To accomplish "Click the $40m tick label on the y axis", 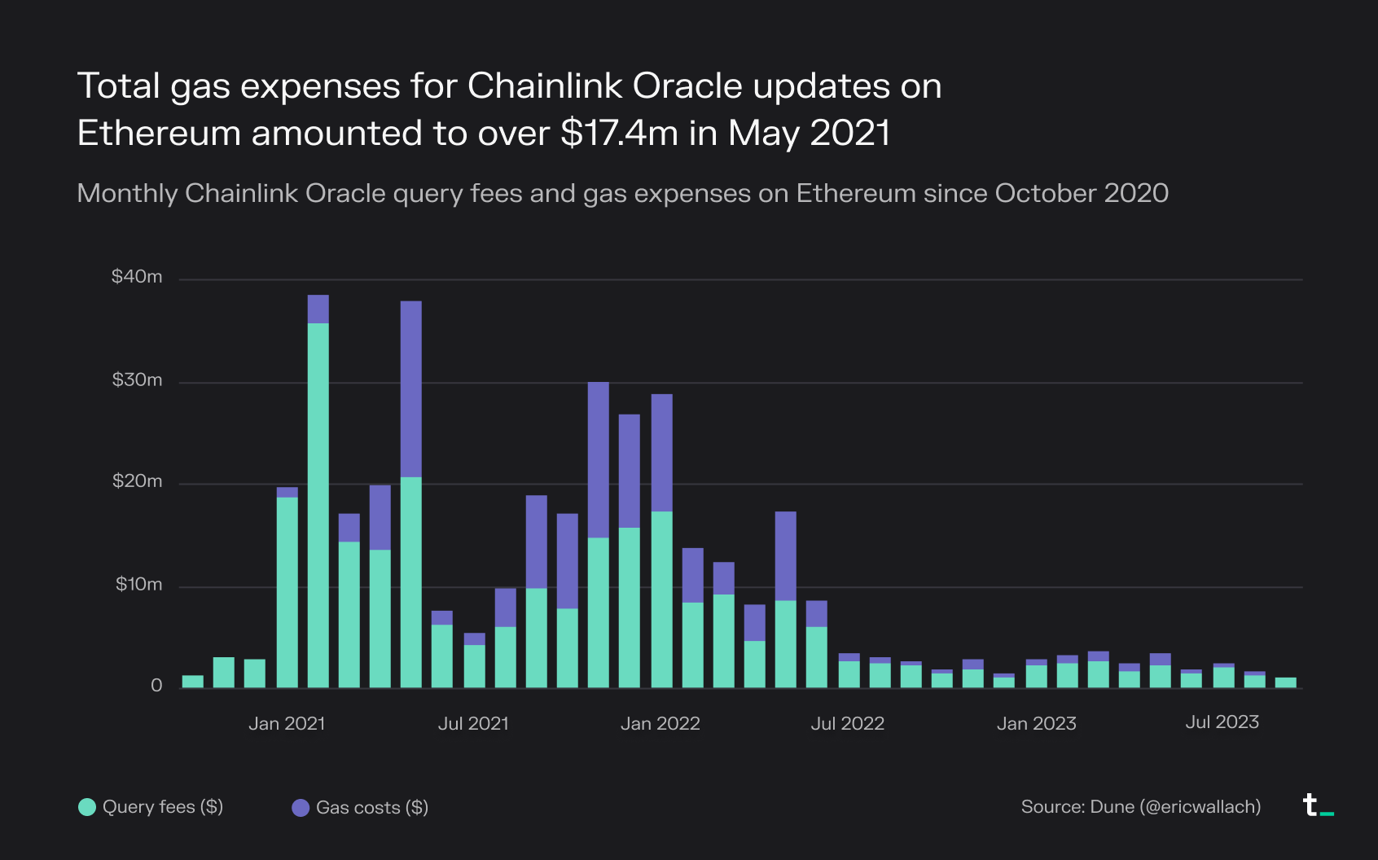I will tap(137, 277).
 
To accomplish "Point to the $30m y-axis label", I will tap(137, 380).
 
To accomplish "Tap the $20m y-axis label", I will tap(137, 481).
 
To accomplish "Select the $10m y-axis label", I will tap(138, 585).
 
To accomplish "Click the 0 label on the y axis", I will tap(156, 686).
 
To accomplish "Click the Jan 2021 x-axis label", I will tap(287, 723).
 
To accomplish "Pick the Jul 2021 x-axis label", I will tap(473, 723).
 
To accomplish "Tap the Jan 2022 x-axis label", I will tap(660, 723).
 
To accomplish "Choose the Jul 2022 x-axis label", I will tap(847, 723).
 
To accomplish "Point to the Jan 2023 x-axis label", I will tap(1036, 723).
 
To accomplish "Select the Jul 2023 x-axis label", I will tap(1222, 722).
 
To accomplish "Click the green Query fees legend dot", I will tap(87, 807).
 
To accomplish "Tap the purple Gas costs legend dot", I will tap(301, 808).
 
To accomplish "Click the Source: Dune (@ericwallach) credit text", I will tap(1140, 807).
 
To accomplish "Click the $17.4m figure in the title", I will tap(619, 133).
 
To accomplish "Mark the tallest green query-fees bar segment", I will tap(318, 505).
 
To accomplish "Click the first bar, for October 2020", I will tap(193, 682).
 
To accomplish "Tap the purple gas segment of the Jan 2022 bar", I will tap(662, 453).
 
